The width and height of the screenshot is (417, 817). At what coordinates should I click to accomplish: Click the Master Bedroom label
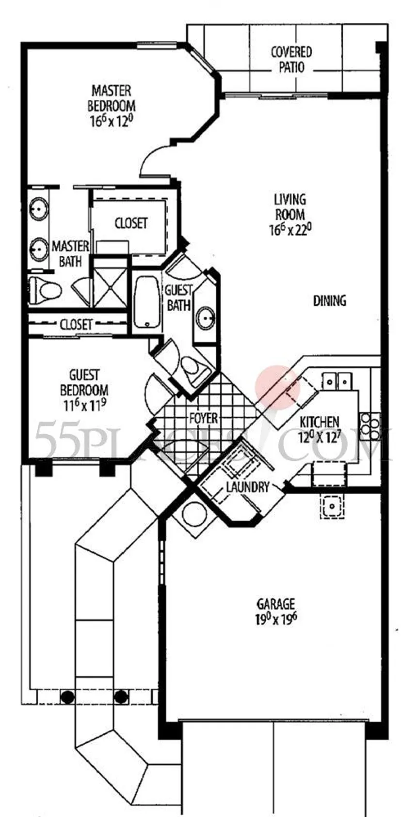111,98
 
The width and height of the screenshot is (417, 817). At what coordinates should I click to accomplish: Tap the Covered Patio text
291,60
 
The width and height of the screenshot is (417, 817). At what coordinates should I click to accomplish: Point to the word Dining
330,301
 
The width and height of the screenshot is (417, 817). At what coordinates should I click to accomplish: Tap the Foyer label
203,418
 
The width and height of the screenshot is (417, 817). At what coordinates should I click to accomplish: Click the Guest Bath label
178,298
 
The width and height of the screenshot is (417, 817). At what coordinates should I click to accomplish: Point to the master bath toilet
45,290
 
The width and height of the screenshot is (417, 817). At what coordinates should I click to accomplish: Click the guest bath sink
206,318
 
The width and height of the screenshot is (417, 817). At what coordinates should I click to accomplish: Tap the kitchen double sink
337,381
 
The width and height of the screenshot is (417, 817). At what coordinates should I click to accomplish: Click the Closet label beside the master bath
131,223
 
